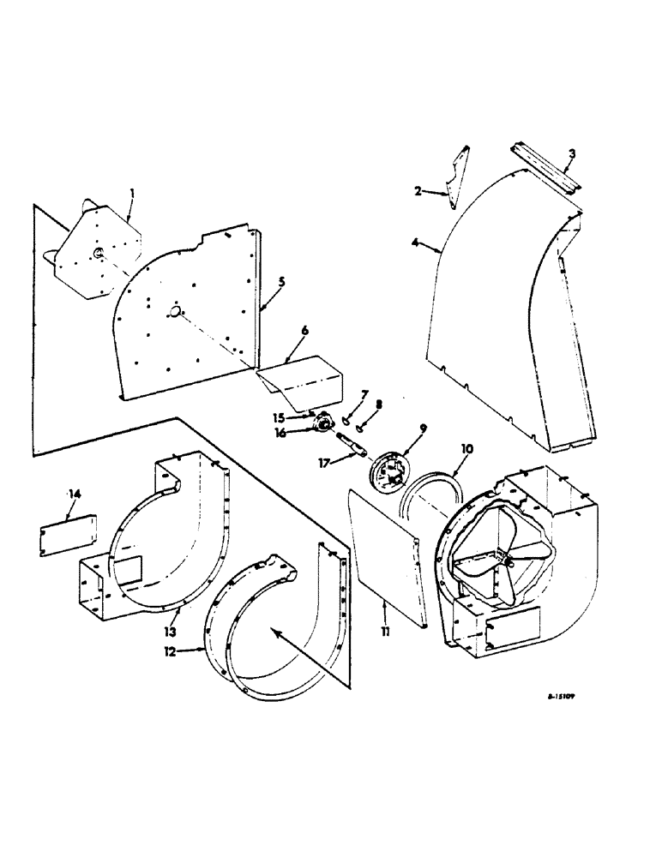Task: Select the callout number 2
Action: click(418, 192)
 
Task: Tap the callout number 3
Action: click(571, 153)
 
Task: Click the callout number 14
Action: click(72, 493)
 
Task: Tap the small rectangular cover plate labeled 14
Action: click(67, 533)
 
